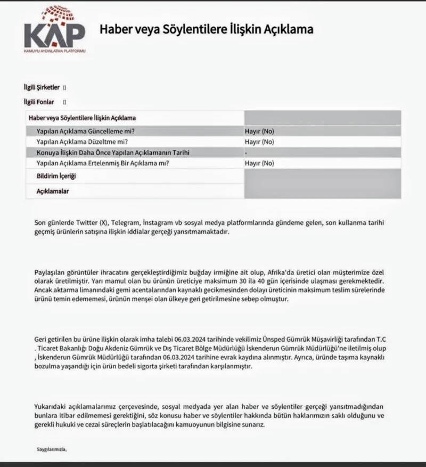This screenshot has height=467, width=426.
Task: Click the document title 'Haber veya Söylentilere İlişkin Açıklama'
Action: pos(206,29)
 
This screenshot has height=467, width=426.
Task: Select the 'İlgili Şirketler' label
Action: pos(42,87)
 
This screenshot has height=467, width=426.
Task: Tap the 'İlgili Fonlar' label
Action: pos(39,101)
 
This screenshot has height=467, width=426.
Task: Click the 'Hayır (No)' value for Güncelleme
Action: pos(259,131)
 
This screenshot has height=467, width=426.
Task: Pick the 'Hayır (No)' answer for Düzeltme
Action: pos(259,142)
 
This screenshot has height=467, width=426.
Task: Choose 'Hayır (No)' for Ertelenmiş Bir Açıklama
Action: pos(259,163)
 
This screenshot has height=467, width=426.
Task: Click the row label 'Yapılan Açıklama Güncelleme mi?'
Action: pos(85,131)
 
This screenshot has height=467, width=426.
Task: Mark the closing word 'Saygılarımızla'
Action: pos(52,449)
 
